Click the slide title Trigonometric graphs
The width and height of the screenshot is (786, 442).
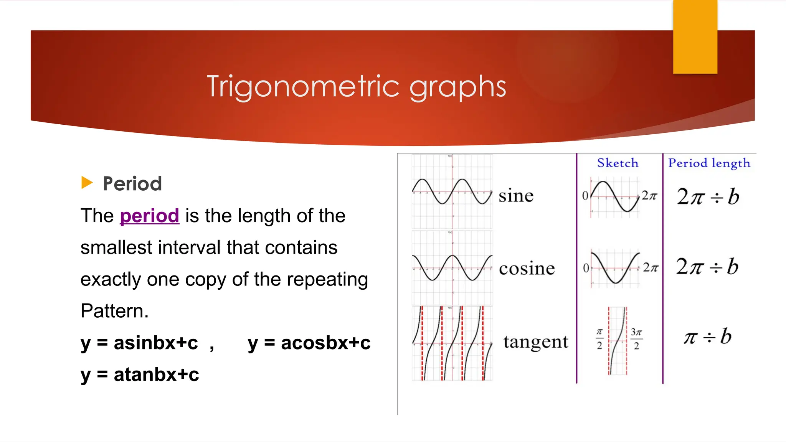tap(356, 87)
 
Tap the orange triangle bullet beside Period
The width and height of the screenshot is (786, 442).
tap(87, 183)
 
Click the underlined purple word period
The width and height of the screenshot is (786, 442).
tap(149, 216)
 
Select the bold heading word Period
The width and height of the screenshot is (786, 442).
tap(132, 183)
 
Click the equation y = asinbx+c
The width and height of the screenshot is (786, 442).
tap(139, 343)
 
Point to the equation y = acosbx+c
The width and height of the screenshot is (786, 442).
tap(309, 343)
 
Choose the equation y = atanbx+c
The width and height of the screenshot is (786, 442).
tap(140, 374)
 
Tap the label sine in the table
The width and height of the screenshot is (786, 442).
tap(516, 196)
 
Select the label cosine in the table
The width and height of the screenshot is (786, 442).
tap(527, 268)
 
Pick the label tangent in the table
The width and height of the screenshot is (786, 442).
tap(535, 342)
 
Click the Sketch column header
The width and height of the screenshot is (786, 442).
tap(618, 163)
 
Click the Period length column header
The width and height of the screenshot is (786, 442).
tap(709, 163)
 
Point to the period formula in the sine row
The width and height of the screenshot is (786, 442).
tap(708, 196)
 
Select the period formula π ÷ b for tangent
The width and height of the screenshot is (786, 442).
tap(708, 337)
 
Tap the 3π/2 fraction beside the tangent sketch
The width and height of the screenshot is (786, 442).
tap(636, 338)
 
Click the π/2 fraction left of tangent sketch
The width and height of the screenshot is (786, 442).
tap(599, 338)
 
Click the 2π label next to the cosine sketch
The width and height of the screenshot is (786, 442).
tap(650, 267)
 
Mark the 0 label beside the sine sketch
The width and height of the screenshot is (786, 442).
tap(585, 196)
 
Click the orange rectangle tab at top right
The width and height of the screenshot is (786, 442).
tap(695, 37)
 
